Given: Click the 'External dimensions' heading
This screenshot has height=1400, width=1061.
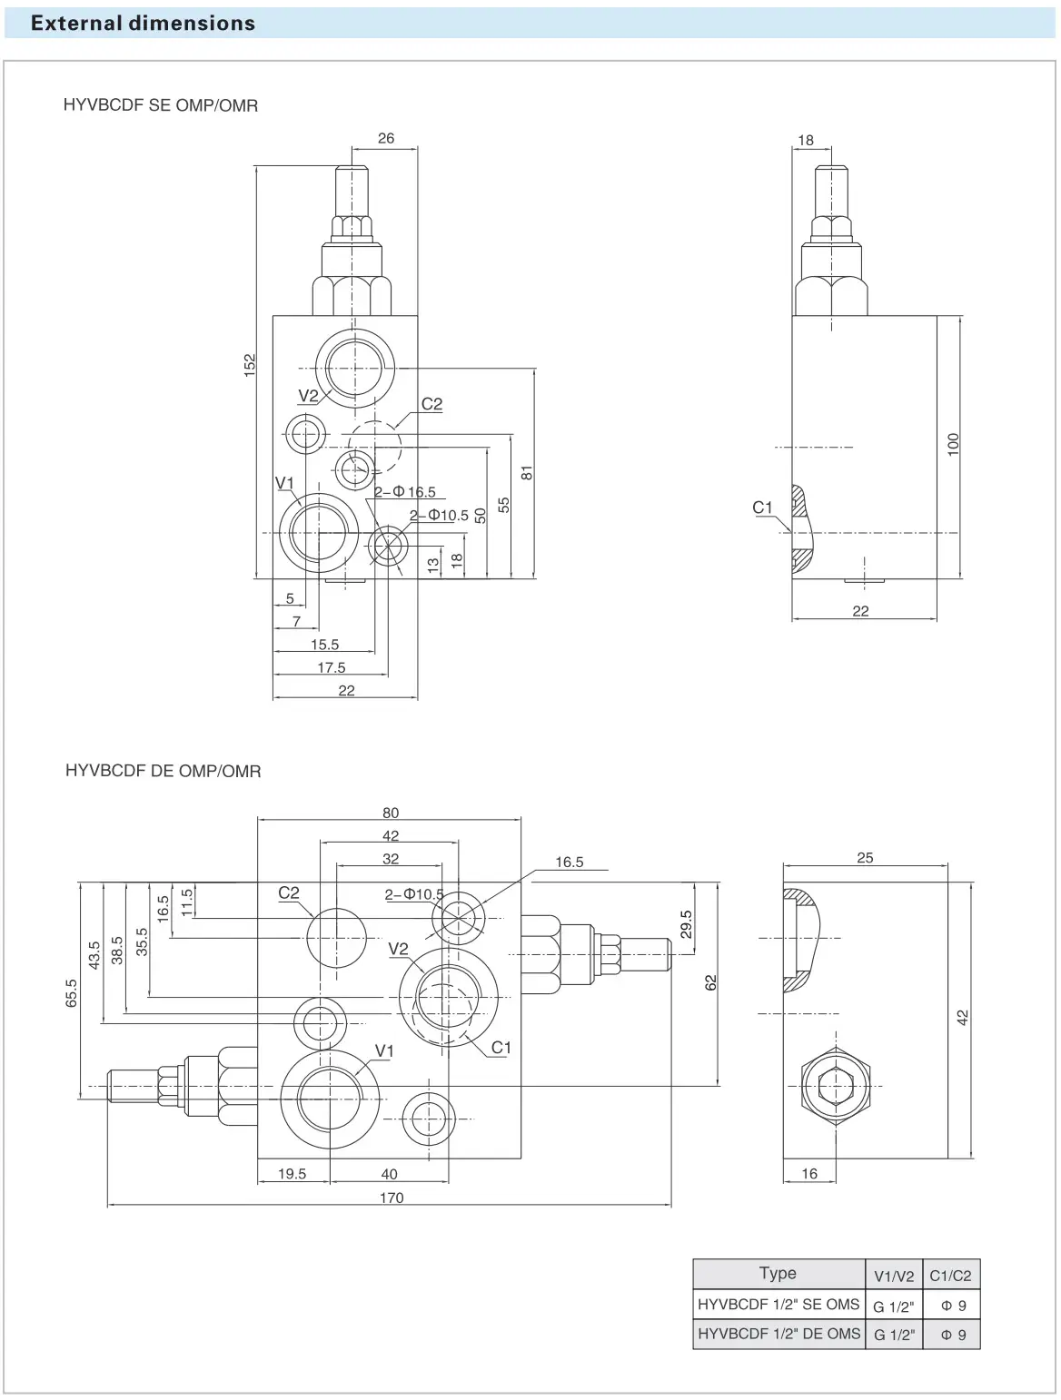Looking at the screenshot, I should (x=143, y=24).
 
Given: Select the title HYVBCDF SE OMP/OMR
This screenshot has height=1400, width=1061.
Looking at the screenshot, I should (x=161, y=105).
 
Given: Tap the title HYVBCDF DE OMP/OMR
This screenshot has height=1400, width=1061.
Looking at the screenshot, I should (x=164, y=771).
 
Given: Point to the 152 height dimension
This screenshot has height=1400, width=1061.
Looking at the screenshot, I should (x=250, y=365).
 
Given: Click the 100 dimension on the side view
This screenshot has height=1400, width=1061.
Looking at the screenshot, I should (x=953, y=444).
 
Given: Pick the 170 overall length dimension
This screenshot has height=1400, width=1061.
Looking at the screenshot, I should (x=392, y=1198).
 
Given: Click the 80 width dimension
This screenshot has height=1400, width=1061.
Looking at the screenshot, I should (x=391, y=813).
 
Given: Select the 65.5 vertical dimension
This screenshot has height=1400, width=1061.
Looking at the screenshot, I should (x=72, y=993).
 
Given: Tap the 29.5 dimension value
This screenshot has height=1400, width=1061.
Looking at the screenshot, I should (x=687, y=924).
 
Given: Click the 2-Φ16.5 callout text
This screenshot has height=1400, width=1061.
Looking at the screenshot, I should (x=406, y=492).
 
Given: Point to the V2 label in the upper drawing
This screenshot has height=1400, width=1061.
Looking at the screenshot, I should (x=308, y=396).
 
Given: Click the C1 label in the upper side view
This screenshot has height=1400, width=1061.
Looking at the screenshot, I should (x=762, y=508).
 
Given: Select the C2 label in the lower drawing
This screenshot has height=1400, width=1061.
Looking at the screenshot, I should (x=289, y=892).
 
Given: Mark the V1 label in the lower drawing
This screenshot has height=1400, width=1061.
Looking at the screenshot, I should (x=384, y=1050).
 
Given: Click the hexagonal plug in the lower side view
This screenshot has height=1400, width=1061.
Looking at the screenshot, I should (x=836, y=1085).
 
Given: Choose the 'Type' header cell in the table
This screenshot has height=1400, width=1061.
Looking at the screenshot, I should (x=778, y=1273).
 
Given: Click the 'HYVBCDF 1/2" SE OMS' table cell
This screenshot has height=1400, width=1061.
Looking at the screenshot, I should (x=778, y=1305).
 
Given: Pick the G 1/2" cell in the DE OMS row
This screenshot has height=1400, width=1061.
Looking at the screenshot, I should (x=894, y=1335).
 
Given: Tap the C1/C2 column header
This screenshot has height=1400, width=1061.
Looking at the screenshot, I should (x=950, y=1275).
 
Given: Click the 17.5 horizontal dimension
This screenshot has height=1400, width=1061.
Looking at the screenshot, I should (x=332, y=667).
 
